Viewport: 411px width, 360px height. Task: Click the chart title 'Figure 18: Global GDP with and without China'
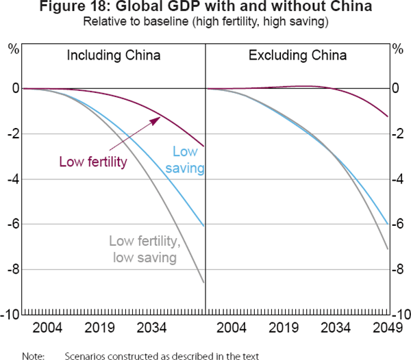[206, 8]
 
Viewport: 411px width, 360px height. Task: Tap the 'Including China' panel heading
[114, 55]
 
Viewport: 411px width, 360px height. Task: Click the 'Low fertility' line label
[92, 162]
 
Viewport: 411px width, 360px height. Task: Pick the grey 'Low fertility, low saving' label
[143, 249]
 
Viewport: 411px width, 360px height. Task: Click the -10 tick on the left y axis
[10, 315]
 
